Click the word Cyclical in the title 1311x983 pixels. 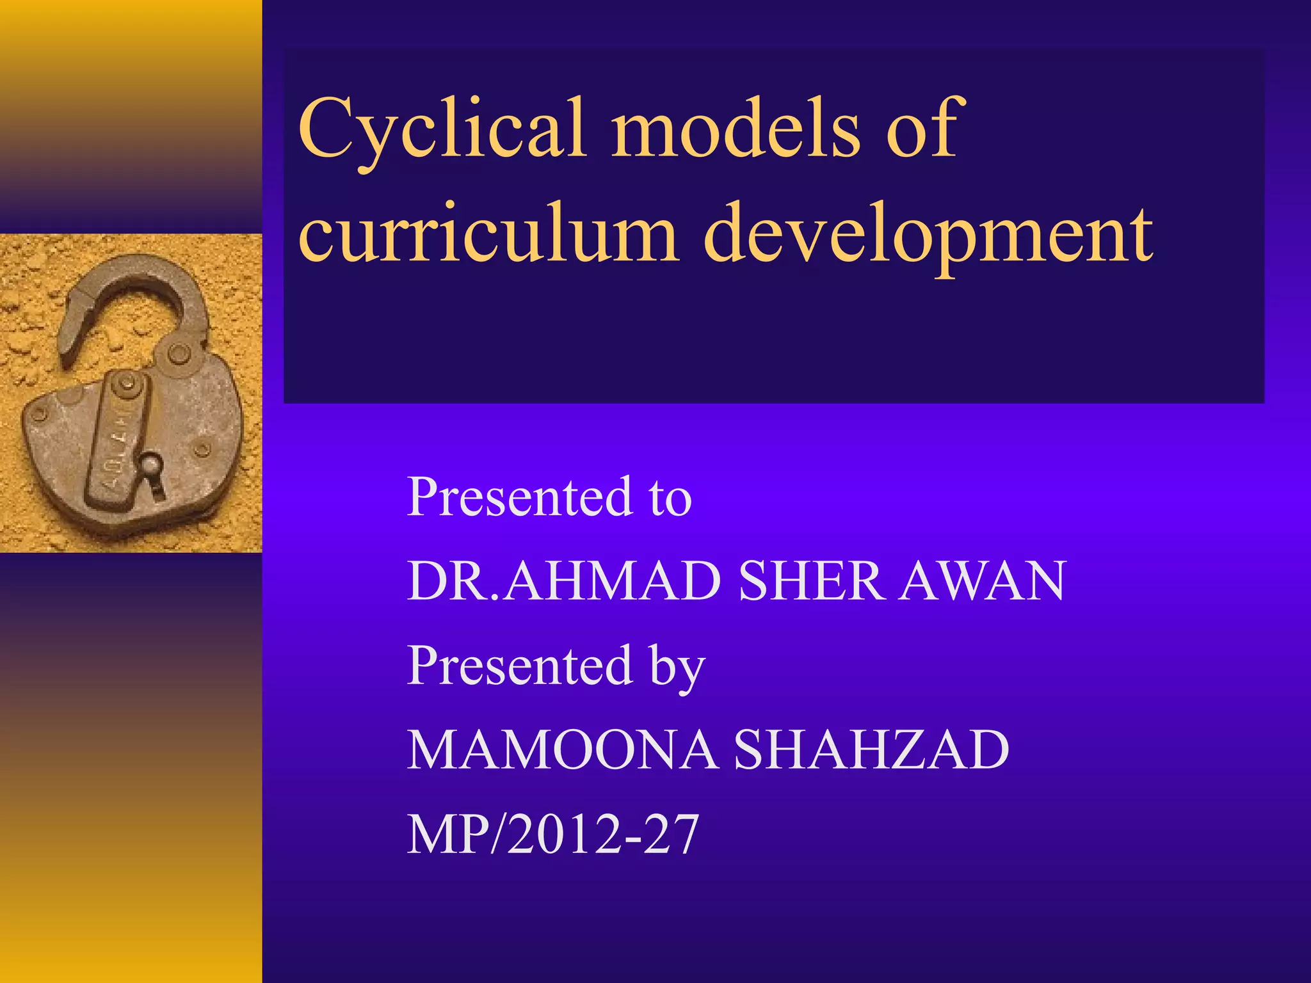[442, 128]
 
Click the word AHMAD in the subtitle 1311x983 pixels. [611, 580]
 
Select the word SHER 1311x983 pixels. [810, 580]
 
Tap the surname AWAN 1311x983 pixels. [982, 580]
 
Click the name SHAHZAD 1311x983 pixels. [871, 749]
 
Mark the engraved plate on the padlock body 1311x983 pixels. [118, 435]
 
